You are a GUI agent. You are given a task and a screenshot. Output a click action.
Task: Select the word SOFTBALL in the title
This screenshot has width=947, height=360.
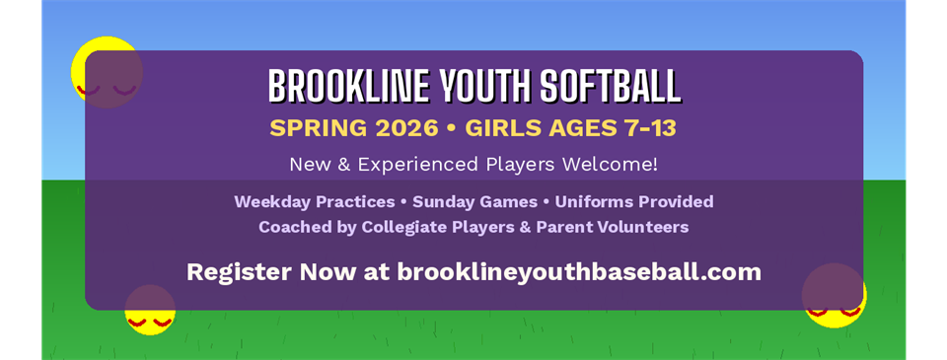point(611,87)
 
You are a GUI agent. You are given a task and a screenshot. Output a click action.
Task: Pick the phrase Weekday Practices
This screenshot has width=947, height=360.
point(314,202)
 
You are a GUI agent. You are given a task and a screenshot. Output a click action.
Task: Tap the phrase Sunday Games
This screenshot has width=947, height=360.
point(474,202)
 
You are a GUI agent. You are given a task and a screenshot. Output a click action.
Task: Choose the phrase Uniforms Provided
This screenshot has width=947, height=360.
point(633,202)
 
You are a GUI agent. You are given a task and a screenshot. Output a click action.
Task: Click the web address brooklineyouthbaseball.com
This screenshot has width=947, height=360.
point(579,271)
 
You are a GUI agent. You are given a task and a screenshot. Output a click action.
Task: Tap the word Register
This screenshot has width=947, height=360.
point(234,271)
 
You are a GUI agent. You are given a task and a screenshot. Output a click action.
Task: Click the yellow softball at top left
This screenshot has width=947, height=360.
point(107,71)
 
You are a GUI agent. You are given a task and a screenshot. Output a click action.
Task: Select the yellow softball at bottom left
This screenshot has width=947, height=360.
point(150,309)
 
